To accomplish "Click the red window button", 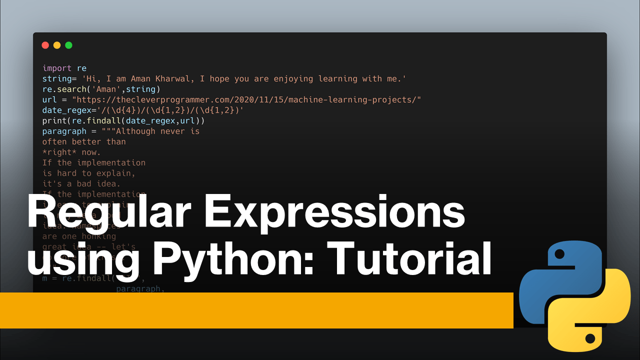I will point(45,45).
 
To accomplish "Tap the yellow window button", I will point(57,45).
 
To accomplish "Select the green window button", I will point(68,45).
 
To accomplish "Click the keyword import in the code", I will point(57,68).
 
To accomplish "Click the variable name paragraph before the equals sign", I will point(64,131).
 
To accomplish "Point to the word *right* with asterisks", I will point(59,152).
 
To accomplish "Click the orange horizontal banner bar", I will point(250,310).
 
